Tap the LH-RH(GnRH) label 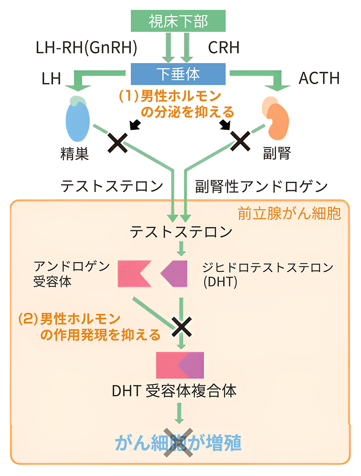pyautogui.click(x=86, y=47)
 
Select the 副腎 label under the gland pyautogui.click(x=276, y=154)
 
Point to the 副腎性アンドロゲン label pyautogui.click(x=261, y=185)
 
